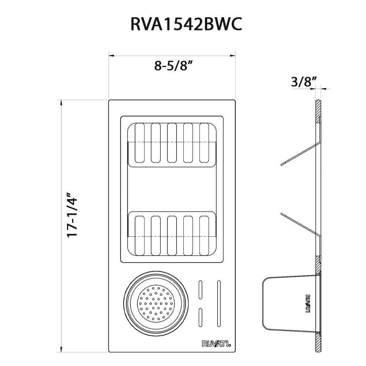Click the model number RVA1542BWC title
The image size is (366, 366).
click(186, 25)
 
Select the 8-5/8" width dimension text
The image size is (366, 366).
click(173, 66)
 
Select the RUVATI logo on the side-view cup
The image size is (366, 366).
click(307, 303)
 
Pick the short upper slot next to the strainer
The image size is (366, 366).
click(201, 291)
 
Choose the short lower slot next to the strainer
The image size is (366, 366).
click(201, 317)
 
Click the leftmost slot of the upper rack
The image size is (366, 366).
click(140, 143)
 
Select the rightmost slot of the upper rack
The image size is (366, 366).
click(204, 143)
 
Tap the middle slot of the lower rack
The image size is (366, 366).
click(172, 235)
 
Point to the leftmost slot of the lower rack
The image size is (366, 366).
click(140, 235)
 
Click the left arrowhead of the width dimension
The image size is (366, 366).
click(111, 56)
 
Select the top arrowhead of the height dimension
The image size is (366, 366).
click(61, 102)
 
